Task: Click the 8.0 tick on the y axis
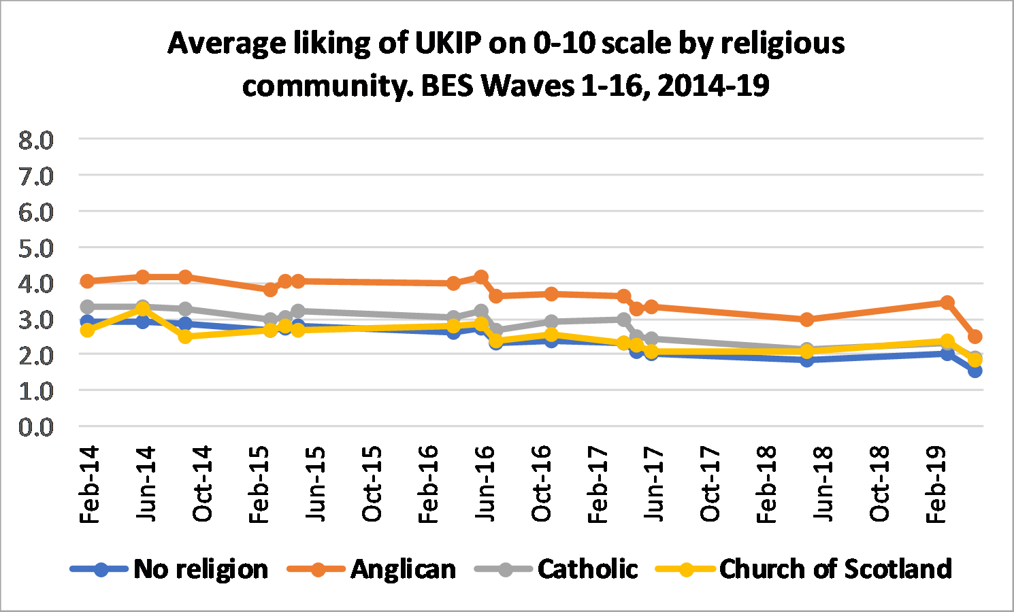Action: [36, 140]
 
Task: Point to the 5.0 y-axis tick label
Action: [36, 248]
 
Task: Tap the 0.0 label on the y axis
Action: [36, 427]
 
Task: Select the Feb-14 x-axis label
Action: [90, 484]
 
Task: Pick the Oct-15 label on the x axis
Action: [372, 484]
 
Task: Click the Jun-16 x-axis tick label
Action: [485, 484]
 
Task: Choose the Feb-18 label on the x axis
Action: [766, 484]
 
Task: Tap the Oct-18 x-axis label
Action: [879, 484]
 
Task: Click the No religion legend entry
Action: [200, 569]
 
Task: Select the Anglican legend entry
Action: [403, 569]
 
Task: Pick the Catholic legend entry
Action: [587, 569]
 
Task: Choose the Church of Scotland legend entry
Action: [835, 569]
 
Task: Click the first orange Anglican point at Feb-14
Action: [87, 281]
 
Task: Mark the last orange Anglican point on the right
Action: [975, 337]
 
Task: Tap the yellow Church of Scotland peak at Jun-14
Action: [143, 309]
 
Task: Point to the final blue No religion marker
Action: [975, 371]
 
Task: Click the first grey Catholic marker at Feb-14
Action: [87, 307]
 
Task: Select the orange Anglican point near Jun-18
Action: [807, 319]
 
